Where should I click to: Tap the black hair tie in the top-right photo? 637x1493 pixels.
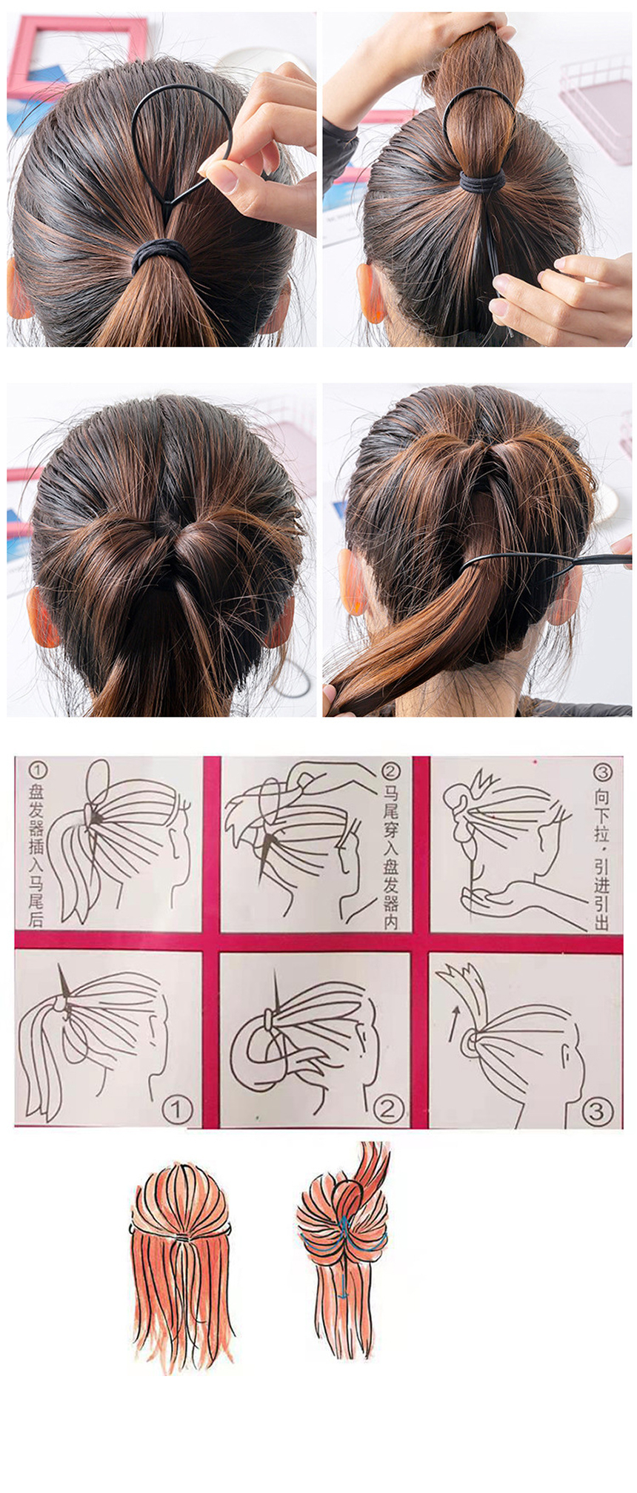click(x=482, y=181)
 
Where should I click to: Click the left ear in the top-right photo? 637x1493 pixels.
click(x=372, y=292)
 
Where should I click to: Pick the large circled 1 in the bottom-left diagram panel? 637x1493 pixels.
click(x=177, y=1108)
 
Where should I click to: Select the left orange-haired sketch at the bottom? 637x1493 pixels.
click(x=181, y=1266)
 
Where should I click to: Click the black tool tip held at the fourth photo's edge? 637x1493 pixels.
click(x=621, y=560)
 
